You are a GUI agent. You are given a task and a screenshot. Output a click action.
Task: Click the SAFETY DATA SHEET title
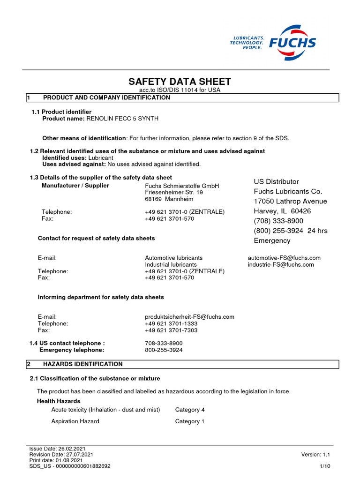pyautogui.click(x=180, y=82)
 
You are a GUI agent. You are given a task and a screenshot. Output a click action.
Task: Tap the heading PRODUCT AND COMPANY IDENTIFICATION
pyautogui.click(x=106, y=97)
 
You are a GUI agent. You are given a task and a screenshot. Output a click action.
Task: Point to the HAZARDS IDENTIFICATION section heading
pyautogui.click(x=82, y=364)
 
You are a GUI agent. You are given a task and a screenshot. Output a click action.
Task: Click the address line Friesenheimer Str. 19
pyautogui.click(x=174, y=192)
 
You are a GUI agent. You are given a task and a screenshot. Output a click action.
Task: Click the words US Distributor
pyautogui.click(x=276, y=181)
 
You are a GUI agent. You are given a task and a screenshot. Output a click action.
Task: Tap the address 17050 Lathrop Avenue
pyautogui.click(x=290, y=201)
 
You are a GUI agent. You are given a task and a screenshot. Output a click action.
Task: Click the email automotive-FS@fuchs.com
pyautogui.click(x=284, y=258)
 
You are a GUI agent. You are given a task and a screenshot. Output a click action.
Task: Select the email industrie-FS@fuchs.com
pyautogui.click(x=281, y=264)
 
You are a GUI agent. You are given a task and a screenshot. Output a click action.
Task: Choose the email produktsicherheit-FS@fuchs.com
pyautogui.click(x=189, y=317)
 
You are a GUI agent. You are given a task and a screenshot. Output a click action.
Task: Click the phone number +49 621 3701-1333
pyautogui.click(x=171, y=323)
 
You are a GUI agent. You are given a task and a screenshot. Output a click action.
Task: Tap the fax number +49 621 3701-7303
pyautogui.click(x=171, y=330)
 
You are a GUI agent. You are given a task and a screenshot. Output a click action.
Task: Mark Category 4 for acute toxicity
pyautogui.click(x=190, y=410)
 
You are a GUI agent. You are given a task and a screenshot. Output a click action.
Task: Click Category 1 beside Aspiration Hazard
pyautogui.click(x=190, y=421)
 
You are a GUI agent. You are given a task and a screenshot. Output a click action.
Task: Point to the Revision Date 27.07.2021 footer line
pyautogui.click(x=61, y=455)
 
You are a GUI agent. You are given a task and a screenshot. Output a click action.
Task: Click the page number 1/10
pyautogui.click(x=325, y=466)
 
